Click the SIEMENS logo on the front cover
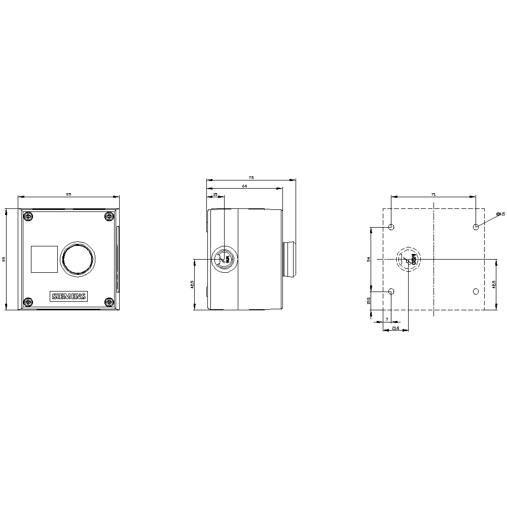[68, 297]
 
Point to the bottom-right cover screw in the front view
[109, 303]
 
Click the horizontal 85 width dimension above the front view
[68, 194]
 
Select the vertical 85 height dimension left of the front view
[4, 259]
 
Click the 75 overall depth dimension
[251, 177]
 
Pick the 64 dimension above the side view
[244, 186]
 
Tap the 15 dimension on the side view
[215, 194]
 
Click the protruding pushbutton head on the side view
[289, 259]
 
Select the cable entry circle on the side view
[224, 259]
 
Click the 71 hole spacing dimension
[433, 194]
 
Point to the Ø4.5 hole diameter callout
[500, 214]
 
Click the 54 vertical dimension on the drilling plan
[369, 259]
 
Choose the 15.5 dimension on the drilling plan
[369, 301]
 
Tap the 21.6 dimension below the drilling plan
[396, 329]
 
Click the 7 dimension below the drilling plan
[387, 319]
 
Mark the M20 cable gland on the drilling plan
[408, 259]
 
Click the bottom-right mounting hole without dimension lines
[476, 292]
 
